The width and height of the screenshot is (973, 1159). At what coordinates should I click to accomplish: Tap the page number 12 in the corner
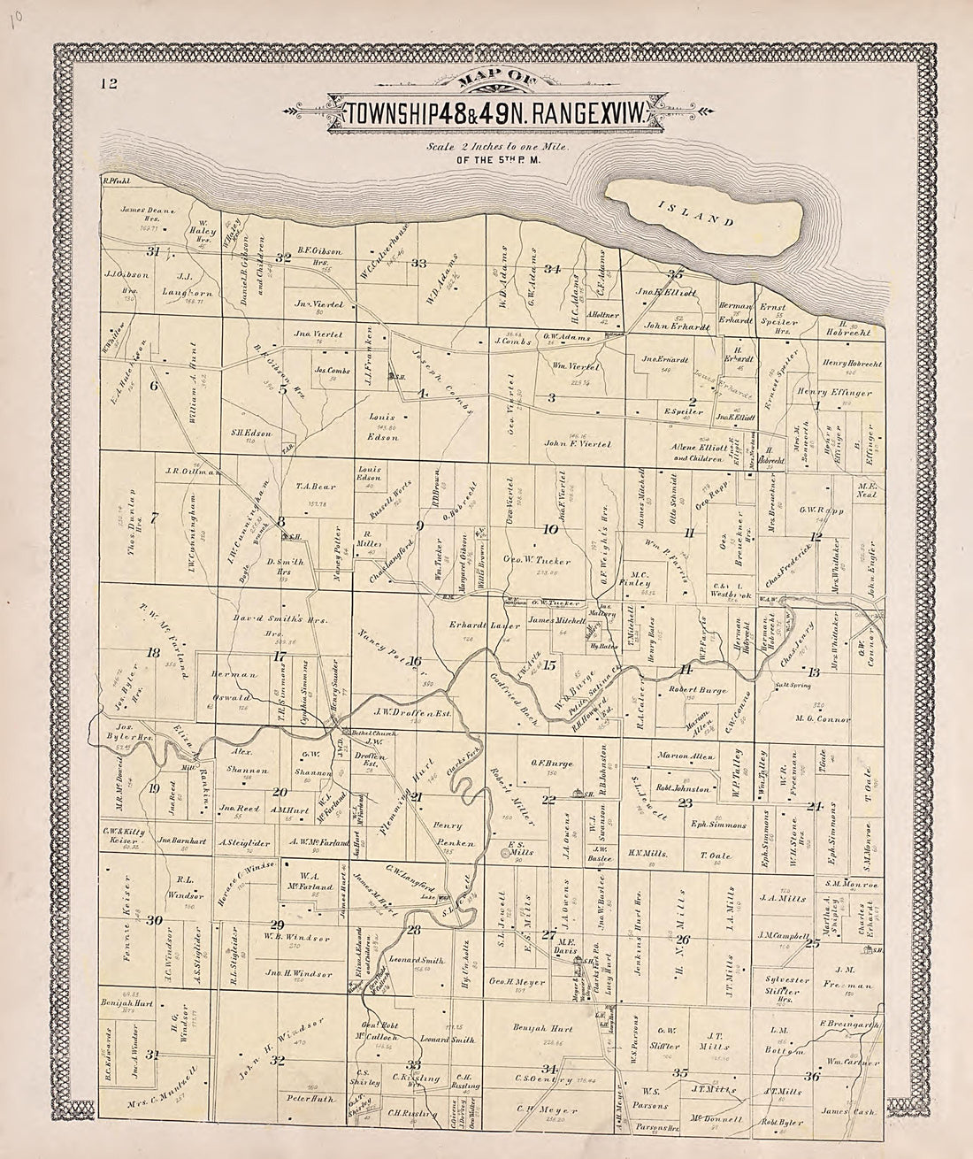109,85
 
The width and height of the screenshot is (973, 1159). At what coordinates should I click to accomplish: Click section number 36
811,1076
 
